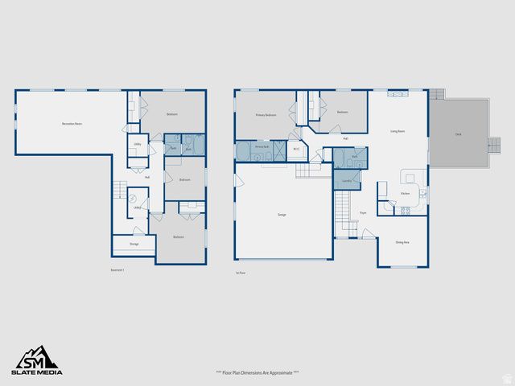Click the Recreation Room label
[72, 124]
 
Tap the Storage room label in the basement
[134, 244]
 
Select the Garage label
[282, 215]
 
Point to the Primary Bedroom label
[266, 115]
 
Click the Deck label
[458, 134]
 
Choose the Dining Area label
[402, 242]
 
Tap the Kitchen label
[406, 193]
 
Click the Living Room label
[398, 130]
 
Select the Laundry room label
[346, 182]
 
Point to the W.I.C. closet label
[296, 149]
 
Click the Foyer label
[363, 213]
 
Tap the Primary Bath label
[262, 148]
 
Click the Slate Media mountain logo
[36, 357]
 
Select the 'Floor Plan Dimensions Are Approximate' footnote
[257, 372]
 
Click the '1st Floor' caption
[241, 273]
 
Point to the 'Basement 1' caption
[117, 270]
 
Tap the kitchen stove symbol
[405, 211]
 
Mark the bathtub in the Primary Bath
[244, 151]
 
